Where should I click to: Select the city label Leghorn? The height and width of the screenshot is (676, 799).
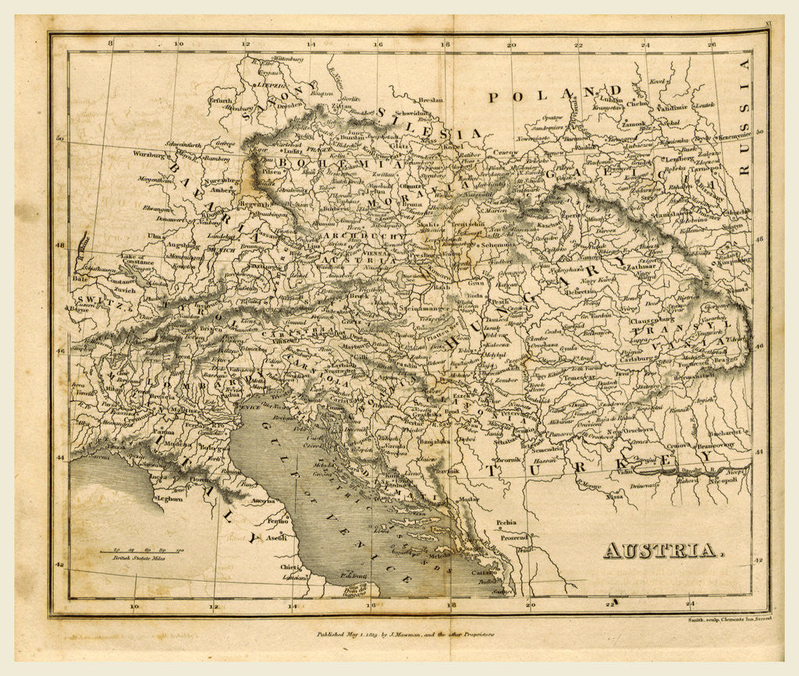click(169, 498)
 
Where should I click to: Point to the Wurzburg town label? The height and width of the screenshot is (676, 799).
click(149, 155)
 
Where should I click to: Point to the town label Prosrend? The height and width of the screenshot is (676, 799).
click(514, 537)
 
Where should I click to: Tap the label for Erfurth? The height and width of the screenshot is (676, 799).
click(221, 101)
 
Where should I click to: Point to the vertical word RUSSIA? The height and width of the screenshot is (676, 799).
click(744, 117)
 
